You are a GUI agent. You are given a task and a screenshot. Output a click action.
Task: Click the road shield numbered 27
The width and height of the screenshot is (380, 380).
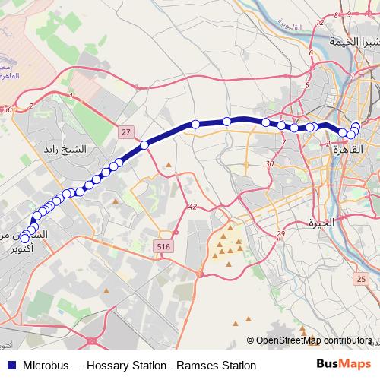pyautogui.click(x=126, y=131)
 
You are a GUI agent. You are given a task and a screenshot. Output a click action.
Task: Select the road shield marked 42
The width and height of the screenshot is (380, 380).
pyautogui.click(x=192, y=207)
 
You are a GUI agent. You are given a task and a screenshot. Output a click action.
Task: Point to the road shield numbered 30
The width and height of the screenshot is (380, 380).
pyautogui.click(x=270, y=164)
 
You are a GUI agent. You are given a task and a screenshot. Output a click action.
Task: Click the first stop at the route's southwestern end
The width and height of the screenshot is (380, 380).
pyautogui.click(x=25, y=239)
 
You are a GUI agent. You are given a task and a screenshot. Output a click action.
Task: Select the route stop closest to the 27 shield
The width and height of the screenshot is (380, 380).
pyautogui.click(x=144, y=144)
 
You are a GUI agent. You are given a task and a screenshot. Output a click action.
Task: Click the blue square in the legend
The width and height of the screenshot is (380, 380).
pyautogui.click(x=9, y=366)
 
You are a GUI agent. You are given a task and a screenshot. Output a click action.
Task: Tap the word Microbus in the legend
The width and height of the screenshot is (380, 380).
pyautogui.click(x=47, y=366)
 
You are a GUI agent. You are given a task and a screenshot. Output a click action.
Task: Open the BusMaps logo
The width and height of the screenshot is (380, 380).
pyautogui.click(x=343, y=365)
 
